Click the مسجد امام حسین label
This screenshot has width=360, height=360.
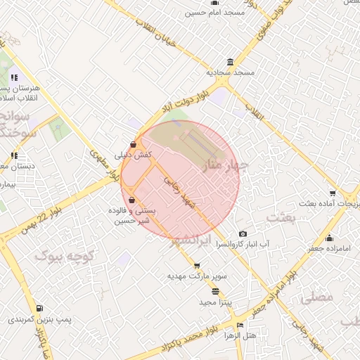214,13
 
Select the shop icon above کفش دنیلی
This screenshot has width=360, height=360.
133,145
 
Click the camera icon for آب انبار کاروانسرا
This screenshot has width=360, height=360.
243,233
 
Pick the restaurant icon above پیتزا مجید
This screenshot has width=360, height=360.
214,291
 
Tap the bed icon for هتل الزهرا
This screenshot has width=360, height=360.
240,326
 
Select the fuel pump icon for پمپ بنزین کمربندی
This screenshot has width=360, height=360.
39,308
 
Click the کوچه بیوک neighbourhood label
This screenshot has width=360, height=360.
64,256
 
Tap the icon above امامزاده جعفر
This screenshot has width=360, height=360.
328,238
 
